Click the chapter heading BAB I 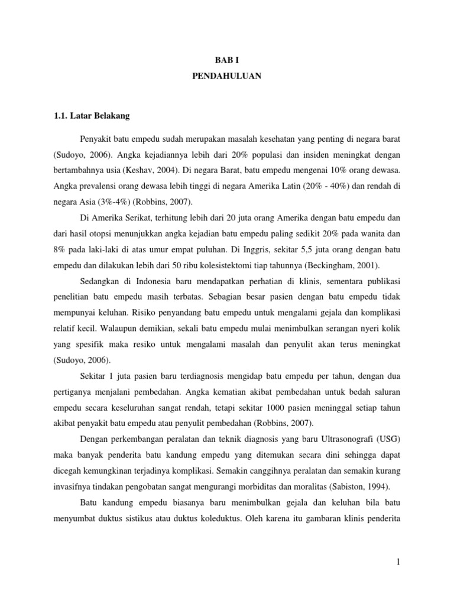226,59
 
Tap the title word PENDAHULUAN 226,76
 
